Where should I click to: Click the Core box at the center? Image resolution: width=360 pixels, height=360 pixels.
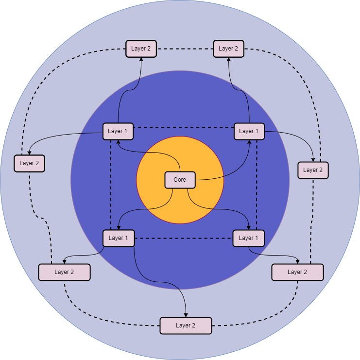pos(180,180)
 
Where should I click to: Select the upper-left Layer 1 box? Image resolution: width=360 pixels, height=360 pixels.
pos(118,131)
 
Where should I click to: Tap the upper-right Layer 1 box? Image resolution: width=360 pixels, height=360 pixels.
pos(249,131)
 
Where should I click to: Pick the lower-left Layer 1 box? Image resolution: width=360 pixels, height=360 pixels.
pos(118,238)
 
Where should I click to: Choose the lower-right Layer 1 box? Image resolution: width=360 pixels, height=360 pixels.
pos(249,238)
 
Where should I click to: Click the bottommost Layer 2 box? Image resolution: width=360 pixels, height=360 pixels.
pos(186,326)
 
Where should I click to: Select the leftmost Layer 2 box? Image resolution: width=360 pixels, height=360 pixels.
pos(29,163)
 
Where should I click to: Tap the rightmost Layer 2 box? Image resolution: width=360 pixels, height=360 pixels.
pos(313,170)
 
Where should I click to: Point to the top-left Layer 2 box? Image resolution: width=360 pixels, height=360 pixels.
pos(141,49)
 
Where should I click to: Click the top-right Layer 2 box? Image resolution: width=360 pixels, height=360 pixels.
pos(228,49)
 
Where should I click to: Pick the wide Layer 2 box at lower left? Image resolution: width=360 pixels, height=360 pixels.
pos(64,272)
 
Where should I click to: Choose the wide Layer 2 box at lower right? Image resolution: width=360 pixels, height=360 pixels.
pos(297,272)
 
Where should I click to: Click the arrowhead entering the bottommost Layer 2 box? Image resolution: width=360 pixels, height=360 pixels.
pos(186,314)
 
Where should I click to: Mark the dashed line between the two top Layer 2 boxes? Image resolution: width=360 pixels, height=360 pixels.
pos(185,49)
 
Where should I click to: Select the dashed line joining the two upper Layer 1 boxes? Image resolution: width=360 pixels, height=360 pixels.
pos(184,128)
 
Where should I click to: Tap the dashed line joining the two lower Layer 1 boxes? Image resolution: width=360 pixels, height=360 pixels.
pos(184,238)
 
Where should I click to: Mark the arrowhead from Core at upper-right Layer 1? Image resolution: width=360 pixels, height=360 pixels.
pos(250,142)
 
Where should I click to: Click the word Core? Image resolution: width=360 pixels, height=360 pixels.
pos(180,180)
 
